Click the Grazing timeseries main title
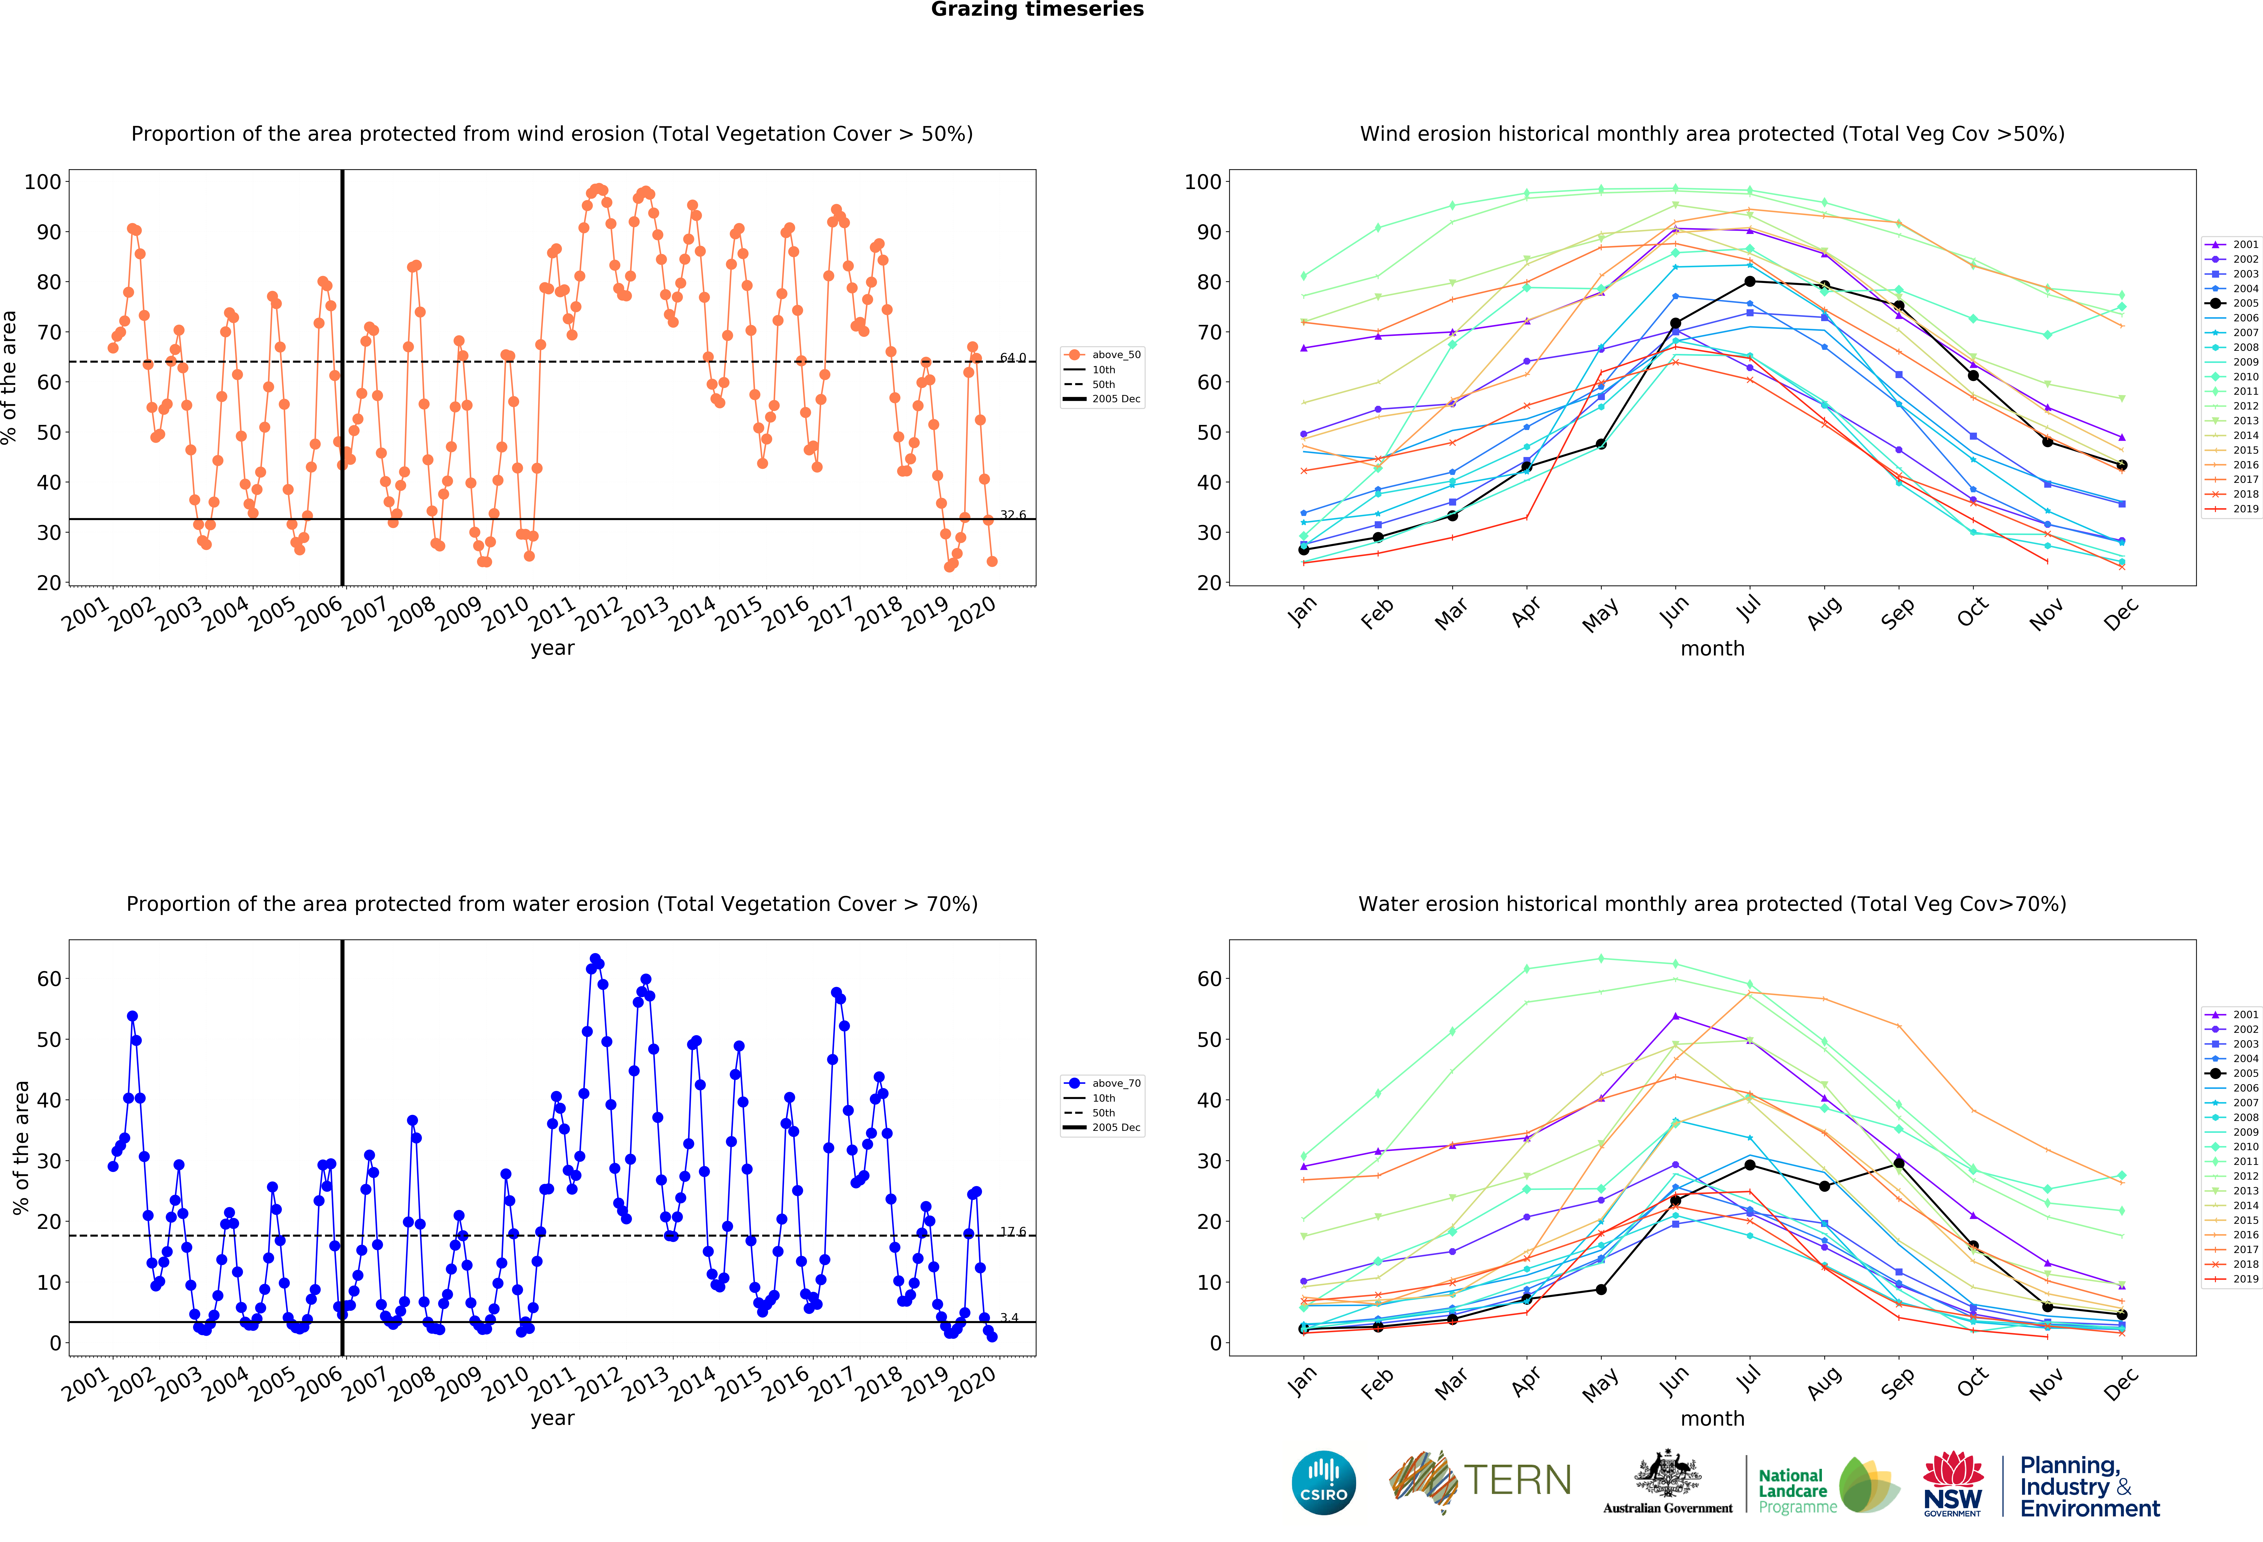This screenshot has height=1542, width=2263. tap(1037, 10)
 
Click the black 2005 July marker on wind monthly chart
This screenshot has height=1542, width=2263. tap(1750, 281)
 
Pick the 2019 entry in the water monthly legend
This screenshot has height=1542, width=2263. tap(2238, 1279)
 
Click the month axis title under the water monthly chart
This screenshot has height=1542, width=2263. tap(1712, 1418)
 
